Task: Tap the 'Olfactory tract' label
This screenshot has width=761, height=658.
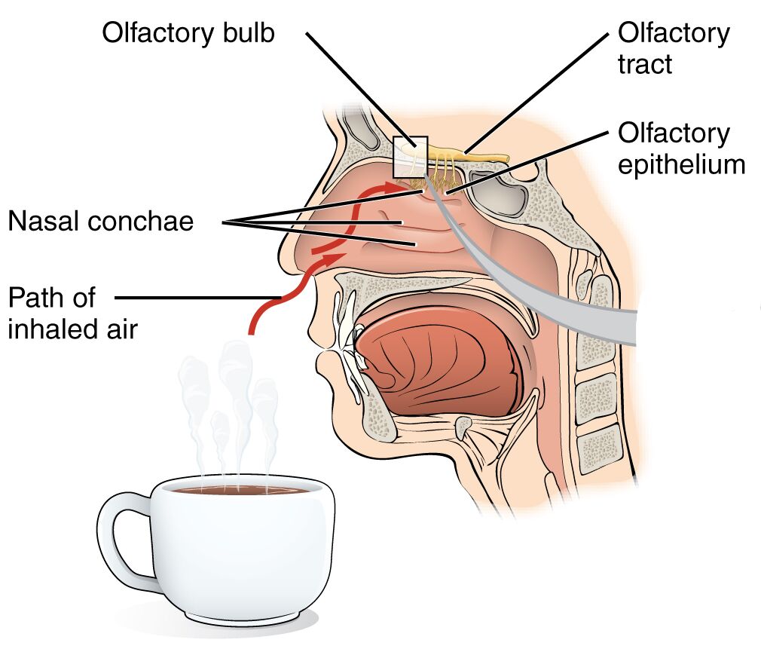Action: click(673, 48)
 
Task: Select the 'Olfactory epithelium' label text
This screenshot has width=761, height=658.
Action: click(680, 149)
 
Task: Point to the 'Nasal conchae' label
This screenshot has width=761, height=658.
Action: click(101, 222)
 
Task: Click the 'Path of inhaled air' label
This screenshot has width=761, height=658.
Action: click(72, 313)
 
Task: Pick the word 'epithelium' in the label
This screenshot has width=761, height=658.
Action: click(680, 164)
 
